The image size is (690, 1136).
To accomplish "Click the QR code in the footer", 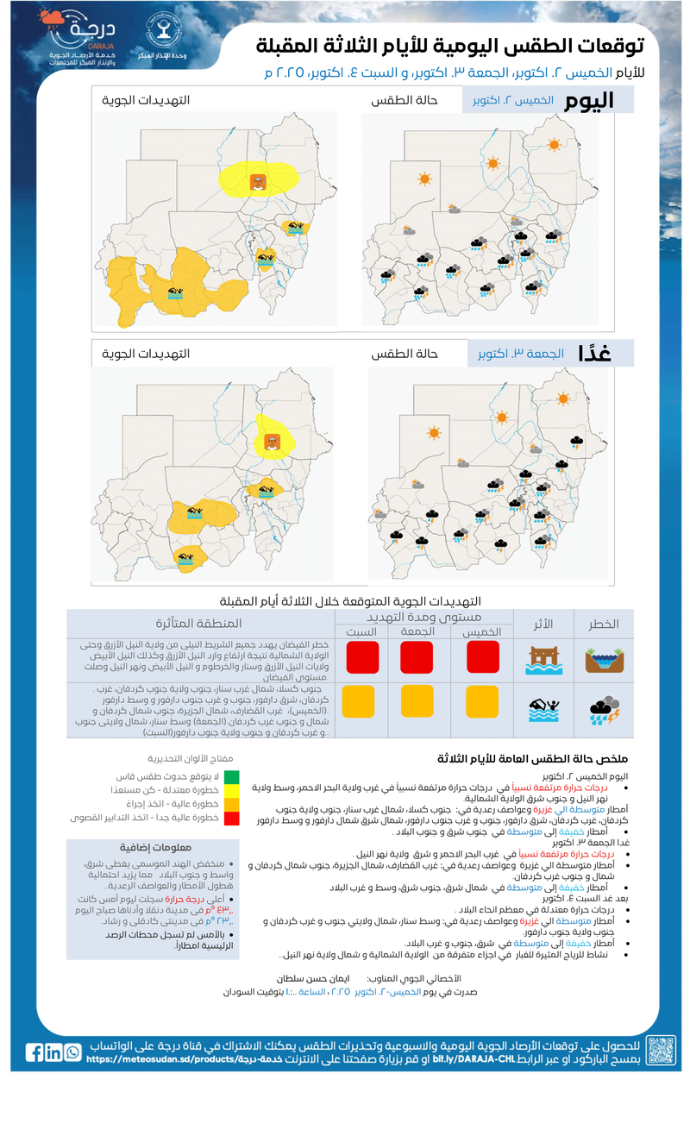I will pos(661,1050).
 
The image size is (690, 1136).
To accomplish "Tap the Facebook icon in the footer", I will pos(34,1052).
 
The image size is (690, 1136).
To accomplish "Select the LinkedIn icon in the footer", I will pos(53,1052).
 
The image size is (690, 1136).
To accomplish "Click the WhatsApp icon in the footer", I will pos(72,1052).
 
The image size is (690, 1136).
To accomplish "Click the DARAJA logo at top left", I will pos(77,39).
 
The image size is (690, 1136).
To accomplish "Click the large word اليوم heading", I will pos(589,100).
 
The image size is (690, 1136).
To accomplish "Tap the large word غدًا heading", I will pos(595,353).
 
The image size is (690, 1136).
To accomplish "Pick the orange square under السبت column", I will pos(356,700).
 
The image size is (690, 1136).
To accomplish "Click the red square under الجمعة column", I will pos(417,657).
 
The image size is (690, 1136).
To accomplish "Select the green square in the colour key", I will pos(233,776).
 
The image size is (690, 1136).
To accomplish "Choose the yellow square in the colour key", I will pos(233,790).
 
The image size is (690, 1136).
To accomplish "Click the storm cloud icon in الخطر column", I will pos(604,703).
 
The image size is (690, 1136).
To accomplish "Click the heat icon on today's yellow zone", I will pos(257,182).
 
